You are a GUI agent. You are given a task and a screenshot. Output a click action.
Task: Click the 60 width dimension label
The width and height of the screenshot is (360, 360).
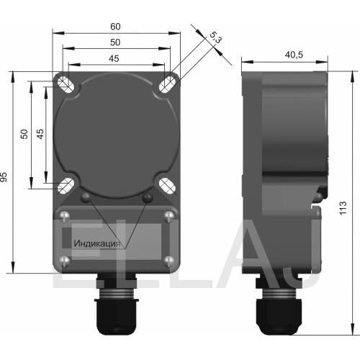click(x=115, y=27)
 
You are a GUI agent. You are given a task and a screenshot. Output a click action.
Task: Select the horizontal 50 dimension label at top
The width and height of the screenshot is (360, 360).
click(x=115, y=42)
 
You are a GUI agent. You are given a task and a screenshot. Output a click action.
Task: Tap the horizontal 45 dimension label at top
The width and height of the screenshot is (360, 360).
click(x=114, y=58)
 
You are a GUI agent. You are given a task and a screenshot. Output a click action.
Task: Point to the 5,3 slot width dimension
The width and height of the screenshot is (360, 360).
click(x=215, y=37)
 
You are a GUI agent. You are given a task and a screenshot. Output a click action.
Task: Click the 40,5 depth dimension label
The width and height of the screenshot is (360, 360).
click(x=294, y=55)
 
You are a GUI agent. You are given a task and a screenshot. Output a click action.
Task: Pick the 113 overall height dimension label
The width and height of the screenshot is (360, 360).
click(x=343, y=208)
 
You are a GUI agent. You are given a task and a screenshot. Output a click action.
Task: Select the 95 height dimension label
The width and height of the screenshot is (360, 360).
click(x=4, y=177)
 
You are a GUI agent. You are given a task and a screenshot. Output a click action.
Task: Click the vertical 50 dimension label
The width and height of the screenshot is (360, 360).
click(x=24, y=134)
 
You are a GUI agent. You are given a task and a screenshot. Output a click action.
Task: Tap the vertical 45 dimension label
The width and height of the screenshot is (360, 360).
click(x=40, y=134)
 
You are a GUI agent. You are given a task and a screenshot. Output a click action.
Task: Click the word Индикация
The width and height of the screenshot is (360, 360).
click(x=97, y=243)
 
